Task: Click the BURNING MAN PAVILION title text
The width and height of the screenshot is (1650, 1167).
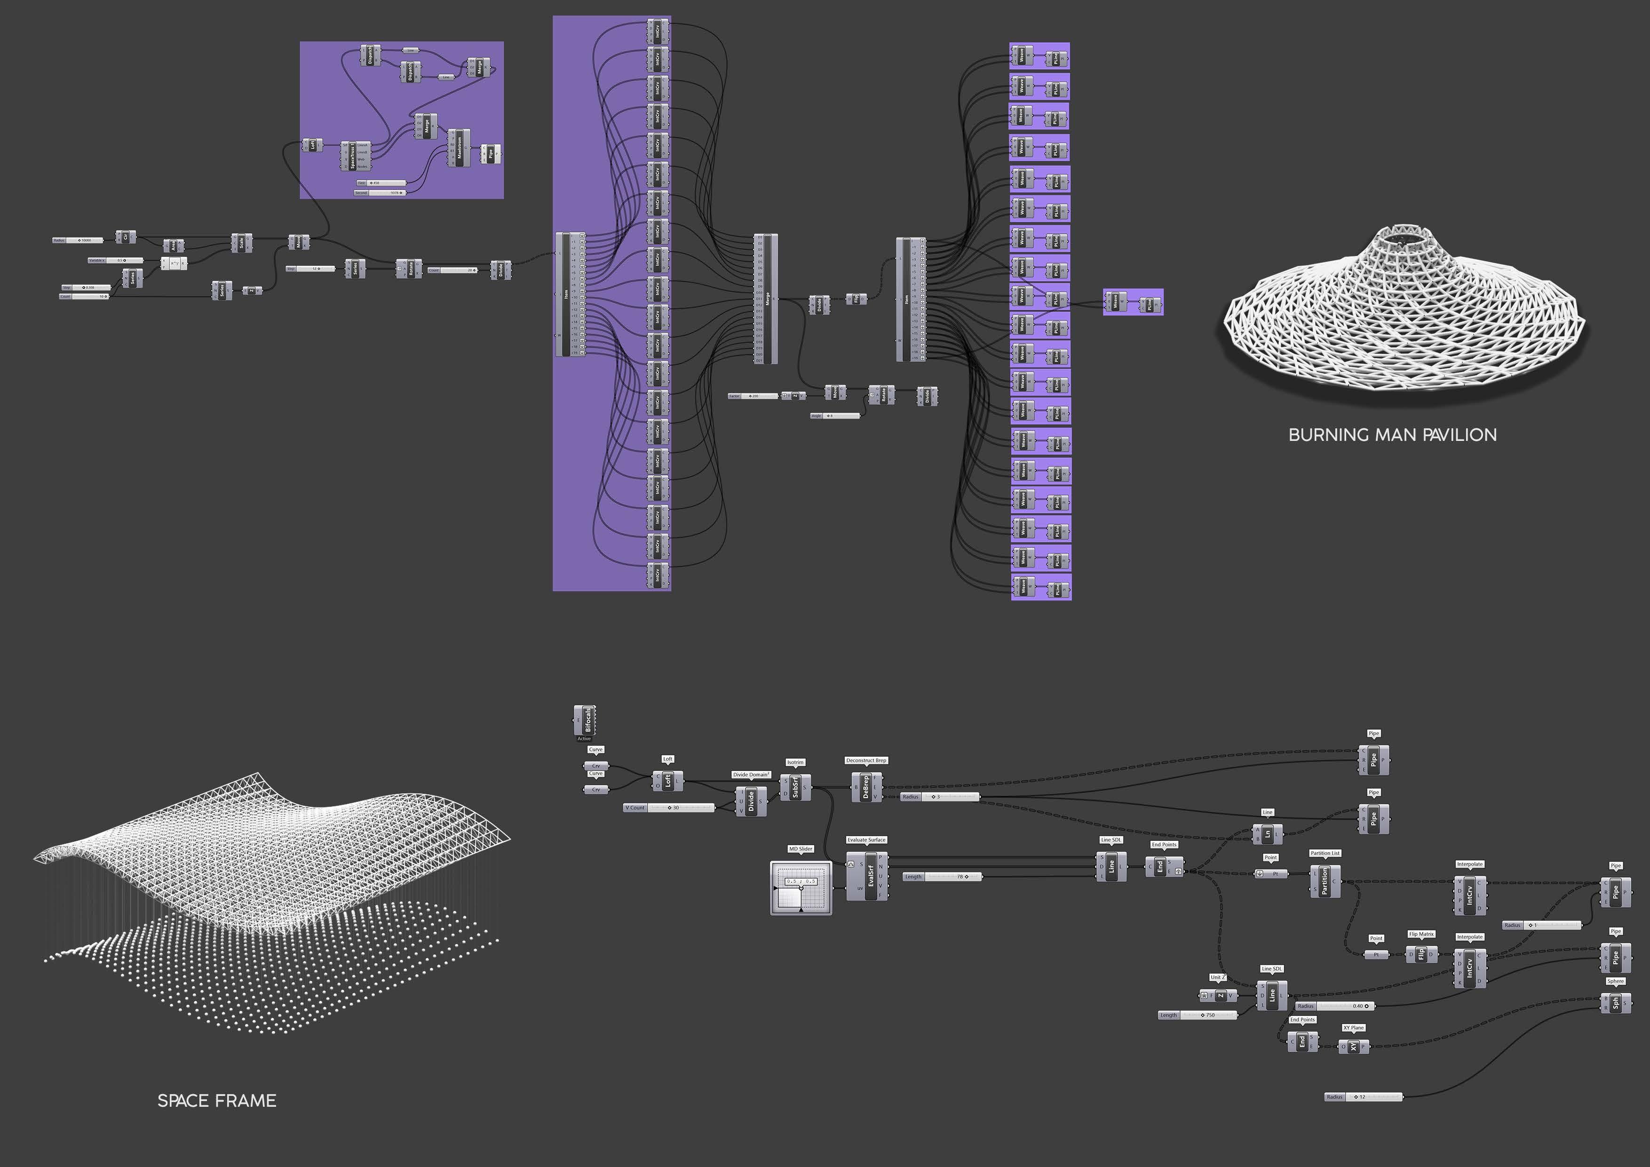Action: (x=1392, y=435)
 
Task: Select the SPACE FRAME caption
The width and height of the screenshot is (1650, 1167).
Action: (x=216, y=1101)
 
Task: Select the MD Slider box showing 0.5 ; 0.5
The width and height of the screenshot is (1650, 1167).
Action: (x=801, y=887)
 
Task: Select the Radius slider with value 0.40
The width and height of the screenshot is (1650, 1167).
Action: (x=1335, y=1006)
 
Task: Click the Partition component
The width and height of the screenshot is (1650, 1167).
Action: (x=1325, y=881)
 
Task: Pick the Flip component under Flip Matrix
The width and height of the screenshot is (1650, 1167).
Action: (x=1421, y=955)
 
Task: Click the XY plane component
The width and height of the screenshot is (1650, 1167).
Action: (x=1353, y=1047)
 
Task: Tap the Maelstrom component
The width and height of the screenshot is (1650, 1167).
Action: (x=459, y=148)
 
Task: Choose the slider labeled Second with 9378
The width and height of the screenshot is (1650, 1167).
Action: (x=380, y=193)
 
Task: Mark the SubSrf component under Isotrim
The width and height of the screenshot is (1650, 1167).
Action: (x=795, y=787)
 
